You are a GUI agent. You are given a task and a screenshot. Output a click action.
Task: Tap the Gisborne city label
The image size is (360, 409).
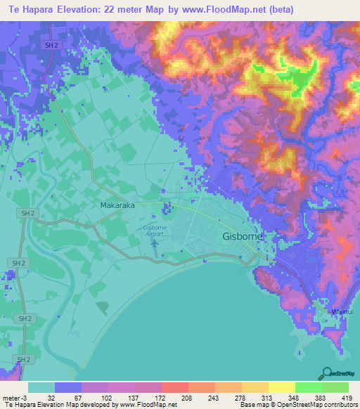click(243, 236)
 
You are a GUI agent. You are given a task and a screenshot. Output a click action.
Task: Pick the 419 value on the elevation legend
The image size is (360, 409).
click(348, 397)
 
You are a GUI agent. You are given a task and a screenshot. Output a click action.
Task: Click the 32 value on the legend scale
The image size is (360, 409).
click(51, 397)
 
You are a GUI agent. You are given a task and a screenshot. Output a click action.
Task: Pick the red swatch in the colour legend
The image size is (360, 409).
click(174, 387)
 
